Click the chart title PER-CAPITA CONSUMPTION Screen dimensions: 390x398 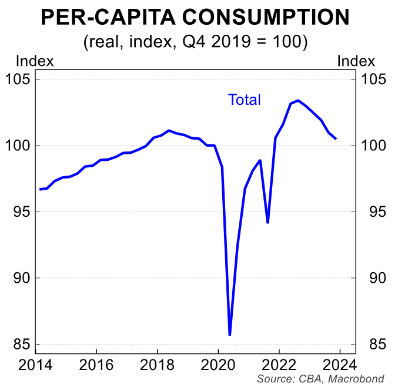click(198, 18)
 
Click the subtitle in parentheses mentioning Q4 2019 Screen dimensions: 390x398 click(198, 42)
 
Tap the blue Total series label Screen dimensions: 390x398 click(244, 100)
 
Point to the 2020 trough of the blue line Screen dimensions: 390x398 click(229, 335)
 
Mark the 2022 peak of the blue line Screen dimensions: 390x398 click(298, 100)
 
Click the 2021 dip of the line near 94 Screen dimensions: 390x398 click(267, 223)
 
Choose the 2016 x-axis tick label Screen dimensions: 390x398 click(96, 363)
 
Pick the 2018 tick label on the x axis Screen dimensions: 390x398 click(157, 363)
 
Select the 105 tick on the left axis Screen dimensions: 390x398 click(19, 80)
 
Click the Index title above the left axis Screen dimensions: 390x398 click(35, 61)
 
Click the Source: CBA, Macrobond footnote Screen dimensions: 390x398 click(320, 378)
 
